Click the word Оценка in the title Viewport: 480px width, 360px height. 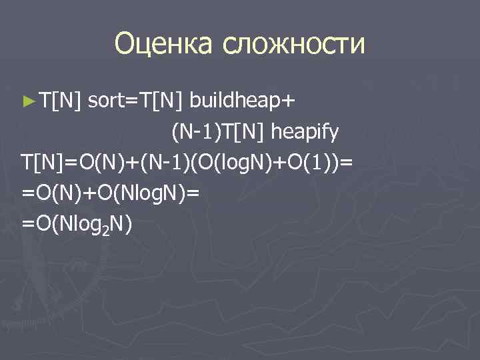pos(164,44)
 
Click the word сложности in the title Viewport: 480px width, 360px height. pos(295,44)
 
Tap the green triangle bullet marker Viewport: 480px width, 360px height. pos(27,101)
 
